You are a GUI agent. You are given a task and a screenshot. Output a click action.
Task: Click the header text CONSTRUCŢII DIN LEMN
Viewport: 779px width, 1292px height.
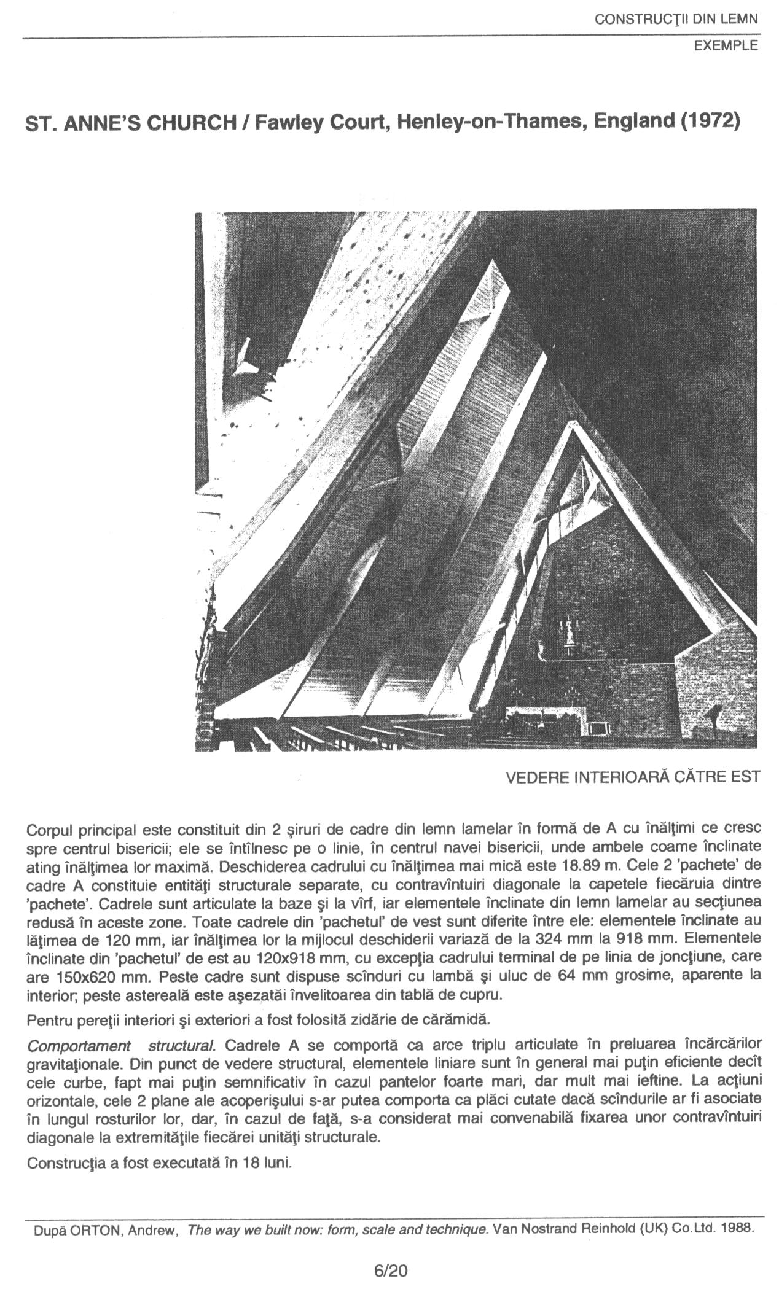(x=676, y=19)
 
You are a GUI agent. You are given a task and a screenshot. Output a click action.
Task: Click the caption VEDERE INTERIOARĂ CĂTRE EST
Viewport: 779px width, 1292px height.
(x=633, y=777)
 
